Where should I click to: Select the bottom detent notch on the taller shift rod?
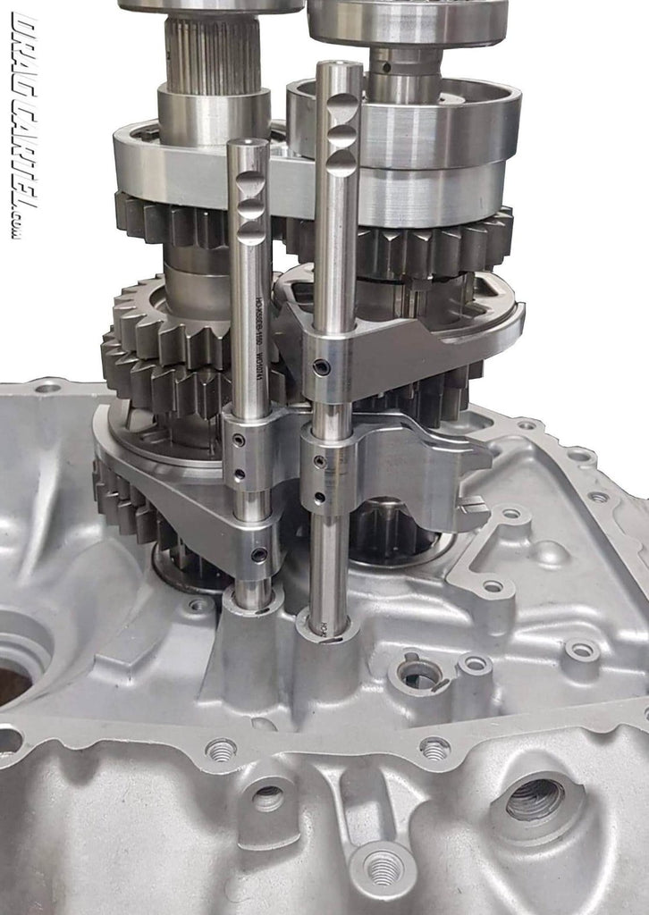341,163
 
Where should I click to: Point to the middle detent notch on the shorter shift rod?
251,209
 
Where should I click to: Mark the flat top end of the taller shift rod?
339,66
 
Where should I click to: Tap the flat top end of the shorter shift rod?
248,143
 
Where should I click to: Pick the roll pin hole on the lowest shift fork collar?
259,555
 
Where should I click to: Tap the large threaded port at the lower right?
535,798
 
